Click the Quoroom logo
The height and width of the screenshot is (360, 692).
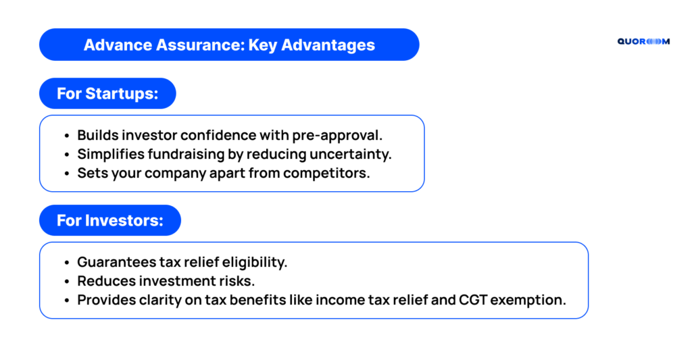[643, 41]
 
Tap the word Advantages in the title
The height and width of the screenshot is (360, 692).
[328, 45]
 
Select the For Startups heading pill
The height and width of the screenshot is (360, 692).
[107, 93]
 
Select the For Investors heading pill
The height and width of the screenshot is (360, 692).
[110, 220]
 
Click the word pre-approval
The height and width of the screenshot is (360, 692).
[337, 136]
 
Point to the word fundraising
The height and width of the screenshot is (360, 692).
[186, 155]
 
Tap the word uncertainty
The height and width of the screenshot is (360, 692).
[351, 155]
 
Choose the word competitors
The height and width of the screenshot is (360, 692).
[326, 174]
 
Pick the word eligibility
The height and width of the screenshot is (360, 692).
[254, 262]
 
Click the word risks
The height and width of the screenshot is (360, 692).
[240, 281]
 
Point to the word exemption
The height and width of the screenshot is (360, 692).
[528, 301]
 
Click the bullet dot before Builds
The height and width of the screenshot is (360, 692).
[67, 136]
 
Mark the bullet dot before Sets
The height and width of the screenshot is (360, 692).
[67, 174]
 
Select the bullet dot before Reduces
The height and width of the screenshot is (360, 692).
[67, 282]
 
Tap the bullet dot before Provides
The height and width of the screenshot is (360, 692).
[67, 301]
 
